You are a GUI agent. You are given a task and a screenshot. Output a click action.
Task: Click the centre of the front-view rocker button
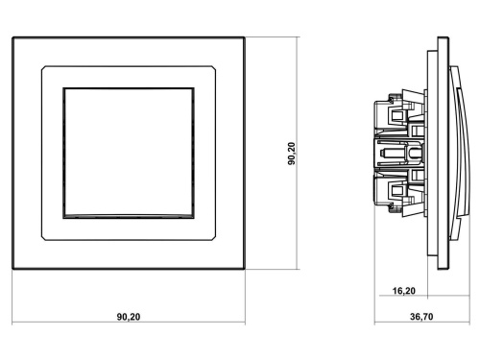click(130, 154)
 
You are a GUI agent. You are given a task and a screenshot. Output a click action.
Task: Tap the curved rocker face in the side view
click(459, 154)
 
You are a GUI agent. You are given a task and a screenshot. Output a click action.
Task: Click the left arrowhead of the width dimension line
click(16, 324)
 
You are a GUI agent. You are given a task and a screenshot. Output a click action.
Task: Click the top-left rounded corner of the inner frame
click(43, 66)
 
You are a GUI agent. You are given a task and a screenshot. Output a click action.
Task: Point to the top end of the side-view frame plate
click(443, 39)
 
